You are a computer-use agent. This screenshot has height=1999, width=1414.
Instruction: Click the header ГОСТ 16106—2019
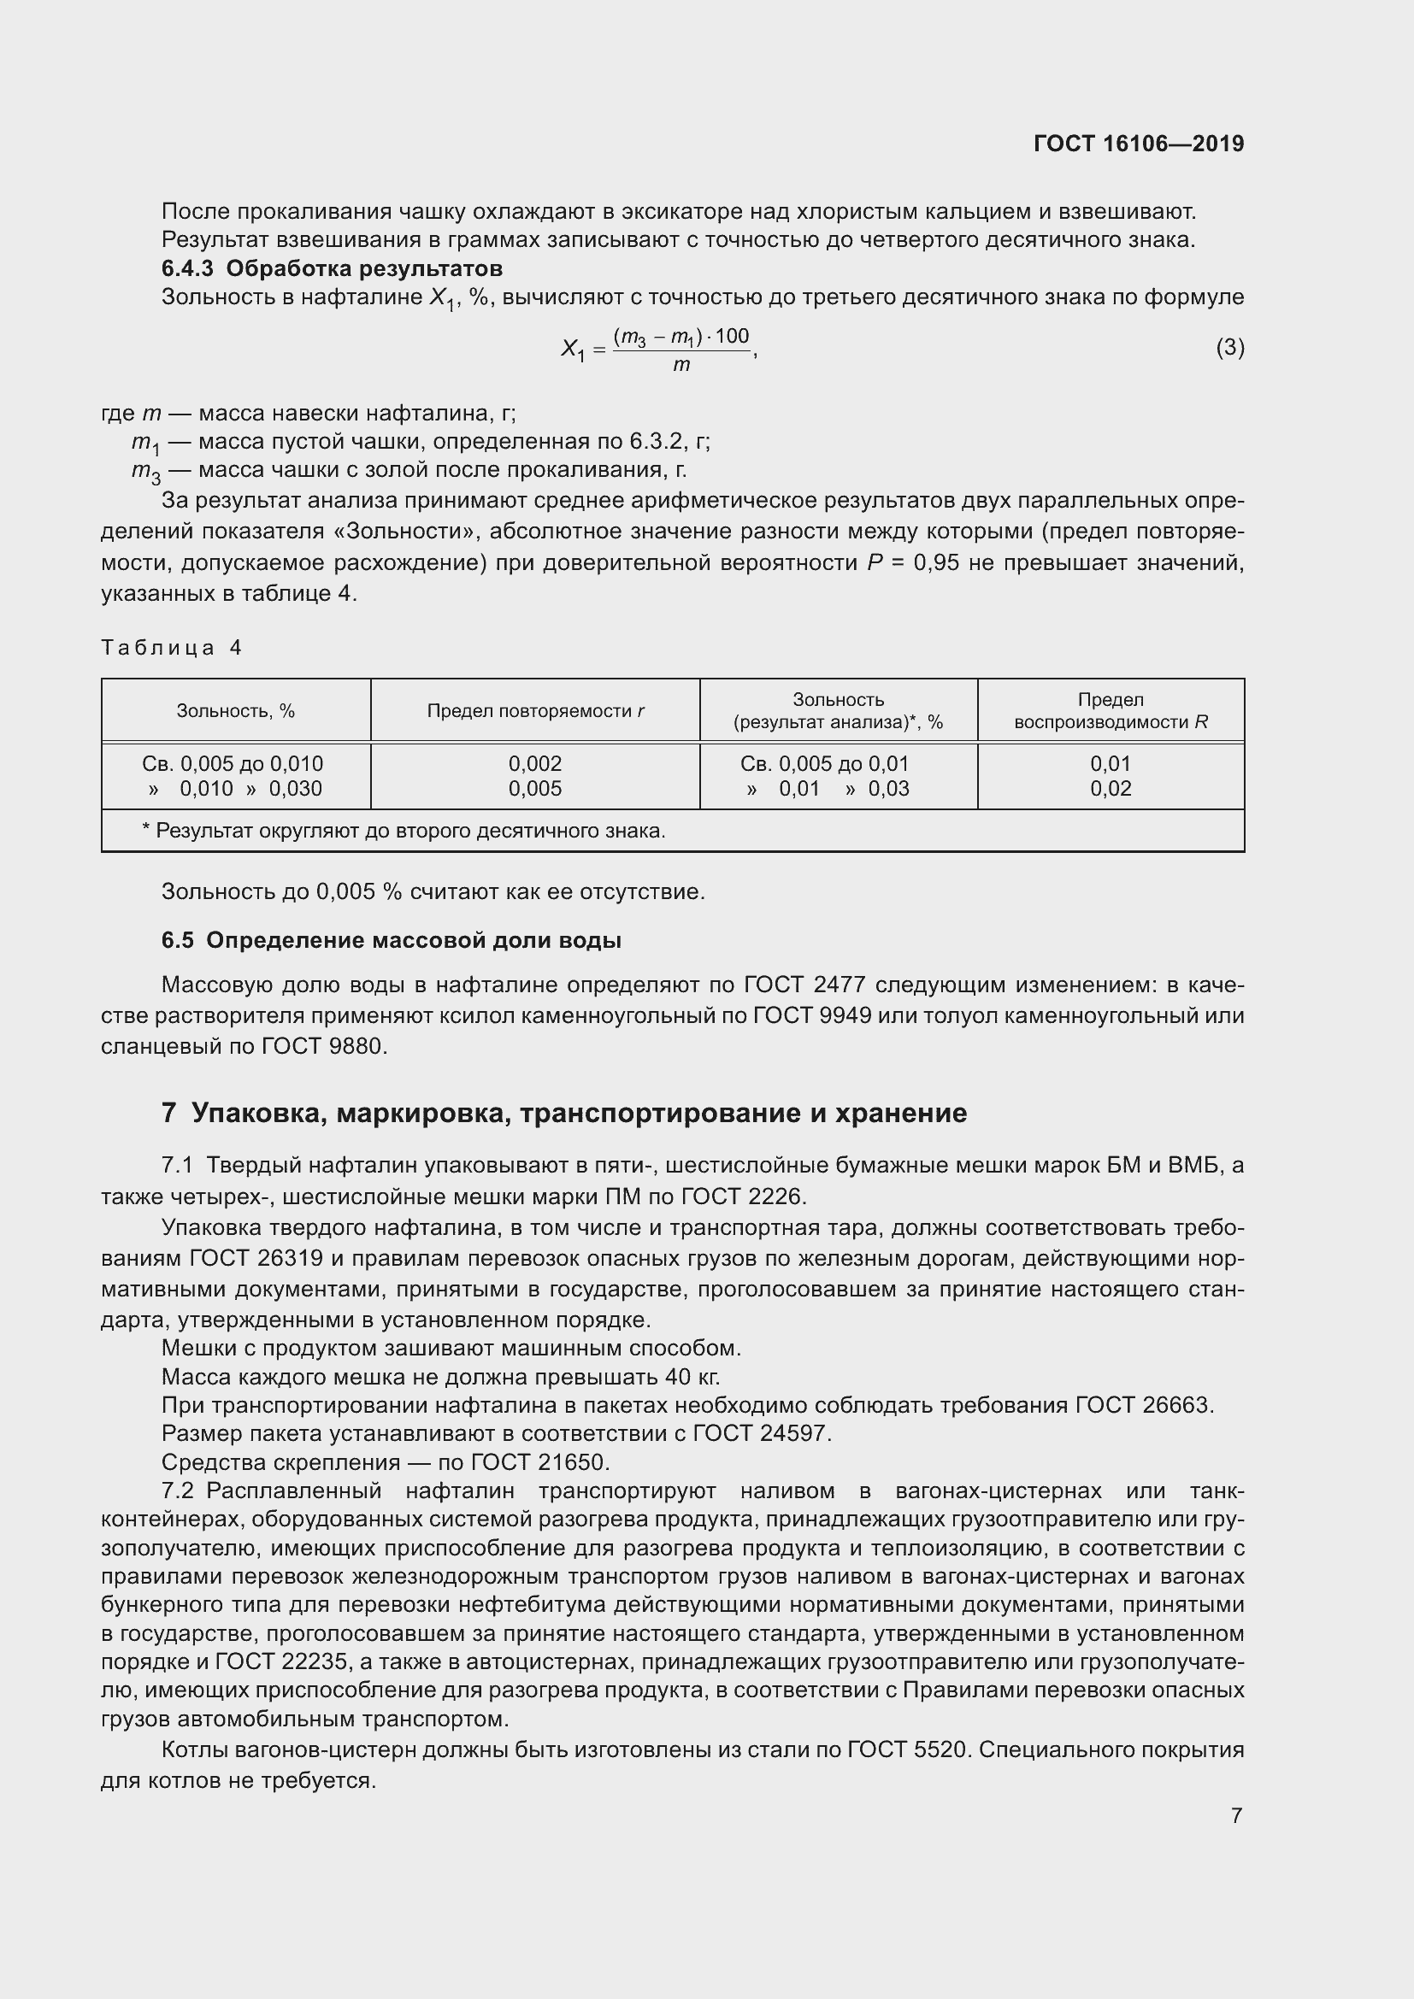point(1138,144)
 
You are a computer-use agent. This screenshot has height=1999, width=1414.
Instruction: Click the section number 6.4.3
point(187,268)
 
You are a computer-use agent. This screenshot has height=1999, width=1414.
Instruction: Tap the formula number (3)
point(1229,347)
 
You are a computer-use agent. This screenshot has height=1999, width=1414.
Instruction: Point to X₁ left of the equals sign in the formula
point(572,350)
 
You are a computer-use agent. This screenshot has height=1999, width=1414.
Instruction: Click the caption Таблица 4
point(172,648)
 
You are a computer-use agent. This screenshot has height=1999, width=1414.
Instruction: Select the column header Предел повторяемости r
point(534,711)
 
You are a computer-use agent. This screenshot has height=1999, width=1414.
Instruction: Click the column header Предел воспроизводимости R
point(1111,711)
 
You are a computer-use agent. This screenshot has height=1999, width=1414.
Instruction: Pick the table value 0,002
point(534,763)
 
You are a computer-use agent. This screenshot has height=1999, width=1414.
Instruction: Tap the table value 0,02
point(1111,789)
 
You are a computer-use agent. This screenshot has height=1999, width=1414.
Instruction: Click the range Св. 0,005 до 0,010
point(233,763)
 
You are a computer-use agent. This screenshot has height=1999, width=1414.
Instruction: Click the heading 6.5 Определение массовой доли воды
point(391,940)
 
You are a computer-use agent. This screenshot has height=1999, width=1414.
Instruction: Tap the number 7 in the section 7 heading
point(169,1113)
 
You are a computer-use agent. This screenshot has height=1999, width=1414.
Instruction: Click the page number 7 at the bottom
point(1236,1815)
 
